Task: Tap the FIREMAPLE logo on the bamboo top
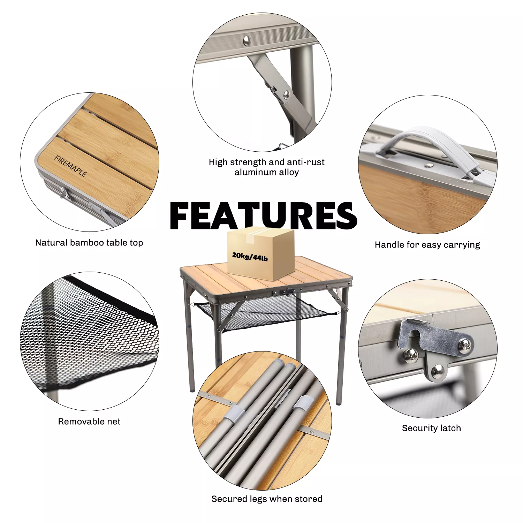(70, 166)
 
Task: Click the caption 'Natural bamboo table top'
(89, 243)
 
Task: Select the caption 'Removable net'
(89, 422)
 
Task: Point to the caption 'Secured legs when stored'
(267, 499)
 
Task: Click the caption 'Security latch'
(431, 428)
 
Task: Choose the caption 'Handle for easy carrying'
(427, 245)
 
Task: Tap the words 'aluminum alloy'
(267, 172)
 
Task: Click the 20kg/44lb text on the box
(250, 257)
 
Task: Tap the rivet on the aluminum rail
(247, 40)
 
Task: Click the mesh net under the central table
(265, 312)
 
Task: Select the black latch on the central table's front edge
(288, 291)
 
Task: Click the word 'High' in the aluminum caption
(218, 162)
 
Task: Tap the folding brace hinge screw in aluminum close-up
(287, 93)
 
